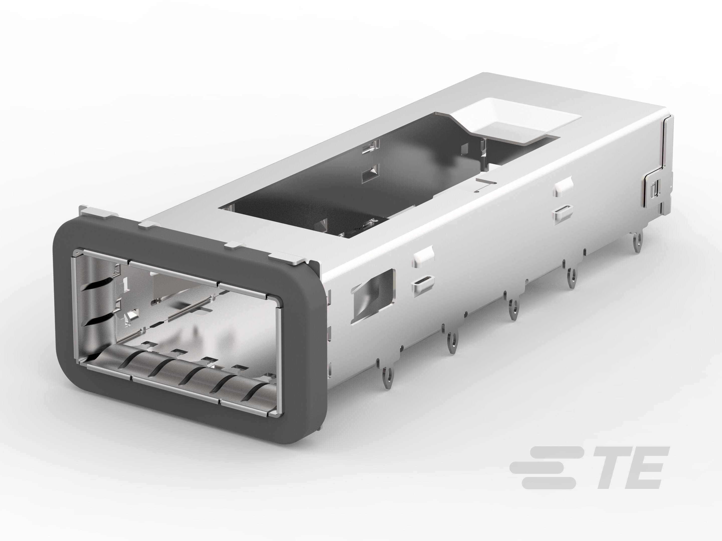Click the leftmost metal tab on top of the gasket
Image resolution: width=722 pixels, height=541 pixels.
[x=98, y=212]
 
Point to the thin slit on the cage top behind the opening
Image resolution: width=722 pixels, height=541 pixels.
[x=486, y=180]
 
